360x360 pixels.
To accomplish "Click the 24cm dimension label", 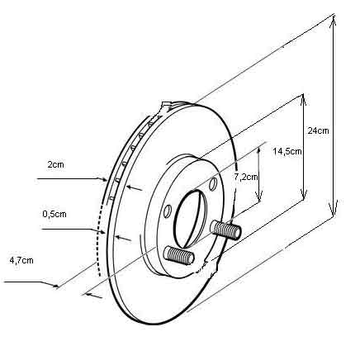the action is [x=318, y=130].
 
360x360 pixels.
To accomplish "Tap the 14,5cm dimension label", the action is [x=287, y=151].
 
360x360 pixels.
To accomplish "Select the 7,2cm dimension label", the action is [x=246, y=177].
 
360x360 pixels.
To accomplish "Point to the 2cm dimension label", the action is [x=55, y=164].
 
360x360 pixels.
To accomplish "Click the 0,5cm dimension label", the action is [x=54, y=214].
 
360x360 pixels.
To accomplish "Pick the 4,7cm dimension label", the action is [x=21, y=260].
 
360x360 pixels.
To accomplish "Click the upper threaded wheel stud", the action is [x=226, y=230].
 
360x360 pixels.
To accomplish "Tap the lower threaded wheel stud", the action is [x=179, y=256].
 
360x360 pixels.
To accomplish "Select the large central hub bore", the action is [x=191, y=218].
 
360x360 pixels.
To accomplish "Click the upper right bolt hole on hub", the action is [x=213, y=183].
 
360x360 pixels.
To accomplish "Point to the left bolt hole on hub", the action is [x=168, y=211].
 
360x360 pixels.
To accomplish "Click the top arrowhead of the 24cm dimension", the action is [x=334, y=21].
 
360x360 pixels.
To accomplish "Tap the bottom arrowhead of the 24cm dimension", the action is [x=334, y=208].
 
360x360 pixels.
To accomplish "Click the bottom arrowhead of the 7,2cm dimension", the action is [x=258, y=196].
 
